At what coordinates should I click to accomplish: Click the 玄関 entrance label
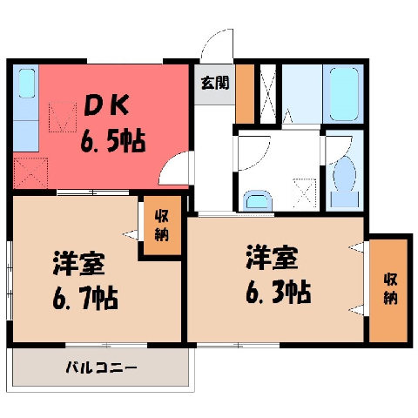tap(215, 83)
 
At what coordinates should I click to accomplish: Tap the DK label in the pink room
tap(106, 105)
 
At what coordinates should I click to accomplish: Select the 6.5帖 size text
tap(113, 140)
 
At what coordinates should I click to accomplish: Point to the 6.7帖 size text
tap(85, 298)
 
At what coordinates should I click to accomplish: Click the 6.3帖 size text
tap(279, 292)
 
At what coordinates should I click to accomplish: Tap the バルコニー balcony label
tap(101, 367)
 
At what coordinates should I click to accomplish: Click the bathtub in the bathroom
tap(344, 94)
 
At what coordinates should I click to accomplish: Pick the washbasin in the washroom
tap(258, 200)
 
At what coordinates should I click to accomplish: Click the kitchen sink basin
tap(27, 83)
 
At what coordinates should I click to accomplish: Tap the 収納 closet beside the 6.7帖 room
tap(162, 225)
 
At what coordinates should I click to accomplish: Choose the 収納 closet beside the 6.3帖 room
tap(388, 290)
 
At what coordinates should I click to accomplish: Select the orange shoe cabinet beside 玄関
tap(245, 94)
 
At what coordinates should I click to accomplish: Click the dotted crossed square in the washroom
tap(305, 193)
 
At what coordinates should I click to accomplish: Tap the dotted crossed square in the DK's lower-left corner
tap(30, 172)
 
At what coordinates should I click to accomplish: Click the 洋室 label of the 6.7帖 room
tap(78, 264)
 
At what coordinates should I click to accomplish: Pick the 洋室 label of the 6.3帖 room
tap(272, 257)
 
